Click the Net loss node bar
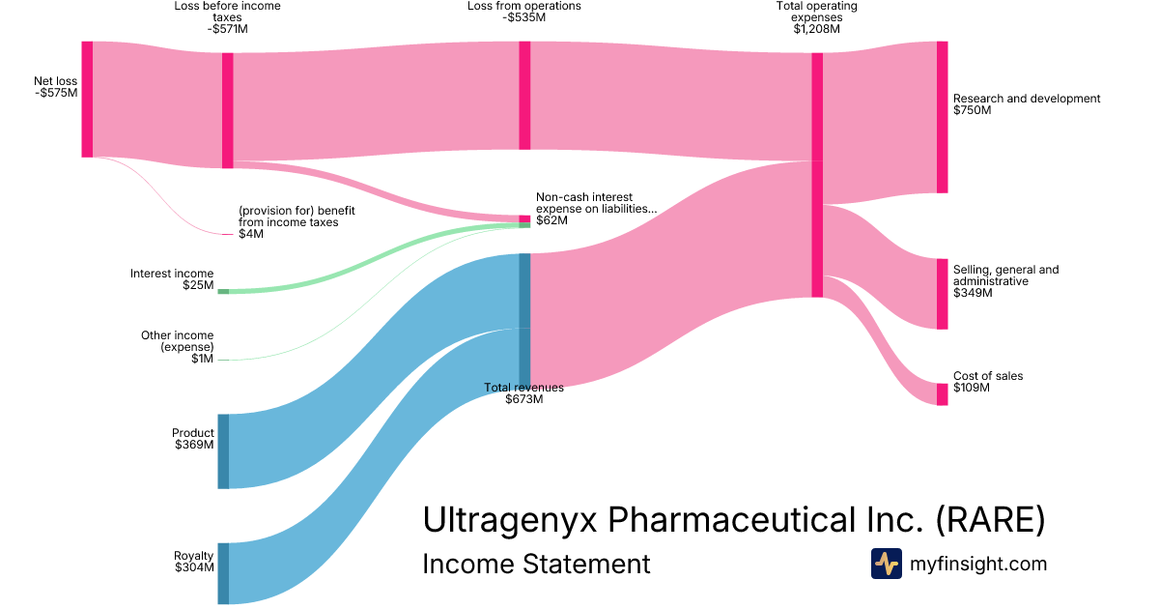pos(87,99)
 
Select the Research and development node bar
pos(942,117)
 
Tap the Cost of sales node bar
pos(942,393)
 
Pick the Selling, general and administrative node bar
pos(942,294)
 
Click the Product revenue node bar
pos(223,451)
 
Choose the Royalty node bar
pos(223,573)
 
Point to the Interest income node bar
pos(223,291)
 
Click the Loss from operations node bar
pos(524,96)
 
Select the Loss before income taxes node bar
pos(228,110)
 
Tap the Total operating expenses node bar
pos(817,174)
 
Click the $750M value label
pos(973,110)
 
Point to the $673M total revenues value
pos(523,399)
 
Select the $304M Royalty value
pos(193,567)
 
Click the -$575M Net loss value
pos(55,93)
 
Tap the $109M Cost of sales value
pos(973,388)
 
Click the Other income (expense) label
pos(178,341)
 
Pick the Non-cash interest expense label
pos(596,203)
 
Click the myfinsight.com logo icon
pos(886,564)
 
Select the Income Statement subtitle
pos(536,564)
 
